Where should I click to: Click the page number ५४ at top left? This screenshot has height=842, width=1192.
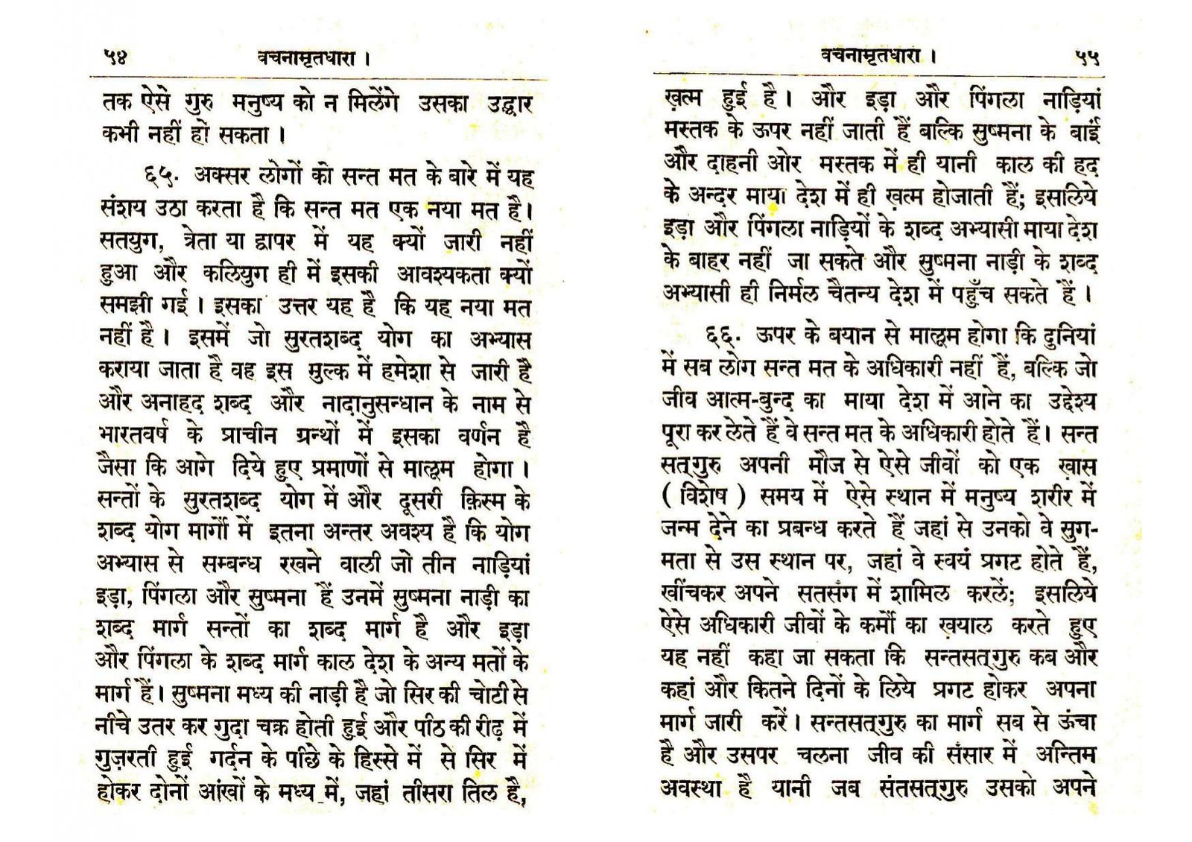pyautogui.click(x=115, y=57)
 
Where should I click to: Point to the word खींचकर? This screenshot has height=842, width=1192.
pyautogui.click(x=694, y=593)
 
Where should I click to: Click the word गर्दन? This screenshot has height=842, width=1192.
pyautogui.click(x=228, y=759)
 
